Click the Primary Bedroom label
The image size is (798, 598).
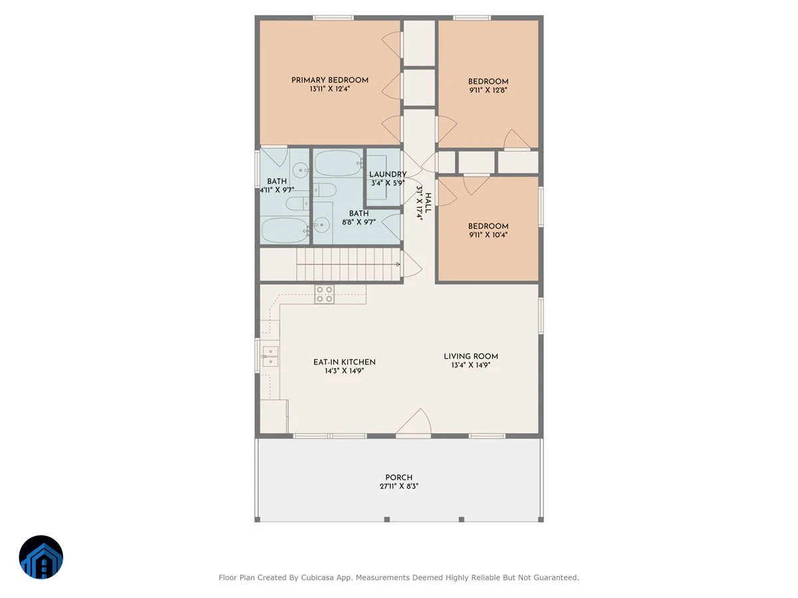click(329, 80)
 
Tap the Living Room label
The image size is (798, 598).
click(471, 357)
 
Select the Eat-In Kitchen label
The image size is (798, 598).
click(344, 362)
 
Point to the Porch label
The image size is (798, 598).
click(399, 478)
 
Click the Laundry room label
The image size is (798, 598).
click(388, 175)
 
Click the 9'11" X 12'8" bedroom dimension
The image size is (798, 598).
click(488, 90)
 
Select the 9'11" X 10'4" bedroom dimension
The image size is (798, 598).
click(488, 235)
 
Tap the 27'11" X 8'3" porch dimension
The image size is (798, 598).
click(399, 486)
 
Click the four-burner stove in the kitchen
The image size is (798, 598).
click(325, 294)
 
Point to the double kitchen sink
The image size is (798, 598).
click(270, 356)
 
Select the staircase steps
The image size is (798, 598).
click(348, 264)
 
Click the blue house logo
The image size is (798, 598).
click(41, 557)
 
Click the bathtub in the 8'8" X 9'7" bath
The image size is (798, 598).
click(338, 163)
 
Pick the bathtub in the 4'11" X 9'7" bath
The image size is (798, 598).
click(285, 230)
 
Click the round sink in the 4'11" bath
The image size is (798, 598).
click(301, 170)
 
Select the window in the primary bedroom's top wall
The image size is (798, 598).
click(333, 18)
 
